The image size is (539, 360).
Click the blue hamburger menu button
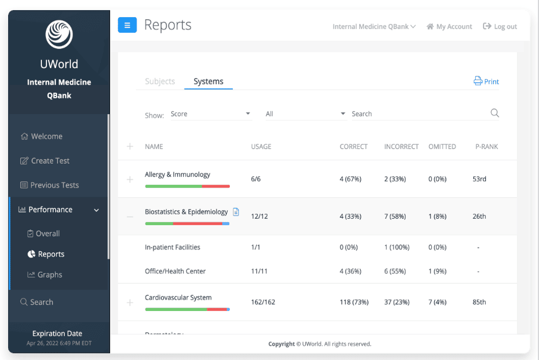point(127,25)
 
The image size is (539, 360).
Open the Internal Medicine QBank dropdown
point(374,26)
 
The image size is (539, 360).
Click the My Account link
point(449,26)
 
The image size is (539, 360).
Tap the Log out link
point(500,26)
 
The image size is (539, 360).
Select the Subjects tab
point(160,81)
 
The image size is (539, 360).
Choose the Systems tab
point(208,81)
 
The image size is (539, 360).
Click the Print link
point(486,81)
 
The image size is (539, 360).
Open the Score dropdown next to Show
point(210,114)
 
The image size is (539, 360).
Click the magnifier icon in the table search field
point(495,113)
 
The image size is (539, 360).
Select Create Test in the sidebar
point(44,161)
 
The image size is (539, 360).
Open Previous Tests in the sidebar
point(50,185)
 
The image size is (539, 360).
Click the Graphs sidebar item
point(44,275)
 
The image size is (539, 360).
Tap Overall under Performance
point(43,234)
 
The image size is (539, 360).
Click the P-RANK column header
point(486,147)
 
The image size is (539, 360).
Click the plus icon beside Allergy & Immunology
point(130,179)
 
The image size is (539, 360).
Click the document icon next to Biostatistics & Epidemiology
point(236,212)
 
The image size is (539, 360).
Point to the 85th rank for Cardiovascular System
point(479,302)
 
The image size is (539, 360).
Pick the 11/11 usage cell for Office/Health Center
point(259,271)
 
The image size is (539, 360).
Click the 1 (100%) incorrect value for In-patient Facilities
point(397,247)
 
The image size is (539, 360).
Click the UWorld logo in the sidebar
point(59,34)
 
